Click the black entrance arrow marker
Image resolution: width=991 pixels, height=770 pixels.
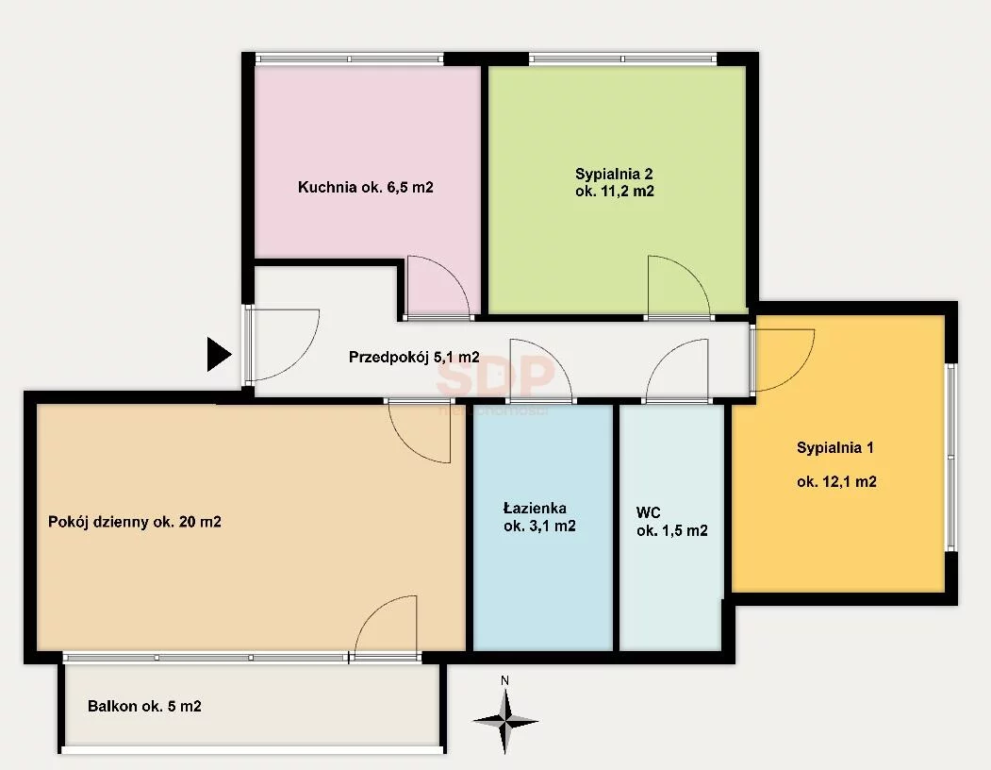point(218,354)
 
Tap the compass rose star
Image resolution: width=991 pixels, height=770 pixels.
point(505,721)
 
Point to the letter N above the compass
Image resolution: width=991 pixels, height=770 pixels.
point(505,680)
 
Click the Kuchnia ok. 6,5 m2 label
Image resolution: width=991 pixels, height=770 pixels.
point(365,187)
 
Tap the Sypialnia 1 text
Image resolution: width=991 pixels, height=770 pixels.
point(834,448)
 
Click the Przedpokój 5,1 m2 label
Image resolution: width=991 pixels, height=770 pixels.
point(414,358)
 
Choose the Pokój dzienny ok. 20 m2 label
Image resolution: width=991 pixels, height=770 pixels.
point(135,522)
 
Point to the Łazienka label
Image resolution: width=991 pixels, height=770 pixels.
point(535,508)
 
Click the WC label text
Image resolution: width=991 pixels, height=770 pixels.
point(648,512)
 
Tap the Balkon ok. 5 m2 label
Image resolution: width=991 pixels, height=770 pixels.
point(144,706)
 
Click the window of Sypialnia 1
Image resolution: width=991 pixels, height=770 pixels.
point(950,457)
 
